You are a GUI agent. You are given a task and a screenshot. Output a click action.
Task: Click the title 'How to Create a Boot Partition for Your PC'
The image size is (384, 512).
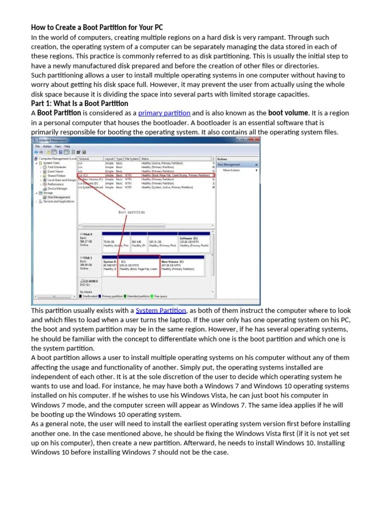pyautogui.click(x=97, y=27)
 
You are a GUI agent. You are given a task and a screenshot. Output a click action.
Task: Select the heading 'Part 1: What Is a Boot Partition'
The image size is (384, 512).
pyautogui.click(x=79, y=103)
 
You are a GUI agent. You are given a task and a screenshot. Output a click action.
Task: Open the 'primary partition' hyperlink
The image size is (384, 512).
pyautogui.click(x=164, y=113)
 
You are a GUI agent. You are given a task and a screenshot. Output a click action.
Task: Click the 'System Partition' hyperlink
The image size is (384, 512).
pyautogui.click(x=161, y=310)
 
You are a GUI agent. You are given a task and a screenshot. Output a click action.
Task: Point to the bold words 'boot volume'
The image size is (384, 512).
pyautogui.click(x=288, y=113)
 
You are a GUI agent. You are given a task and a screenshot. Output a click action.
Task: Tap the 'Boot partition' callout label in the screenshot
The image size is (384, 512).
pyautogui.click(x=131, y=212)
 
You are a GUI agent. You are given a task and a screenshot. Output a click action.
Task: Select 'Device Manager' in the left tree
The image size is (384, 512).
pyautogui.click(x=57, y=188)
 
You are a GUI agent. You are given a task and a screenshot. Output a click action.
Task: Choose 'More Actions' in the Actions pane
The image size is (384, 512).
pyautogui.click(x=231, y=170)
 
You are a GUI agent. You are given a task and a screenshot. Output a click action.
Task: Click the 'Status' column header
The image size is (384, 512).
pyautogui.click(x=145, y=158)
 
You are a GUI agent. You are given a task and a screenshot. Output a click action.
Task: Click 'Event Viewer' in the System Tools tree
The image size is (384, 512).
pyautogui.click(x=55, y=171)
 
